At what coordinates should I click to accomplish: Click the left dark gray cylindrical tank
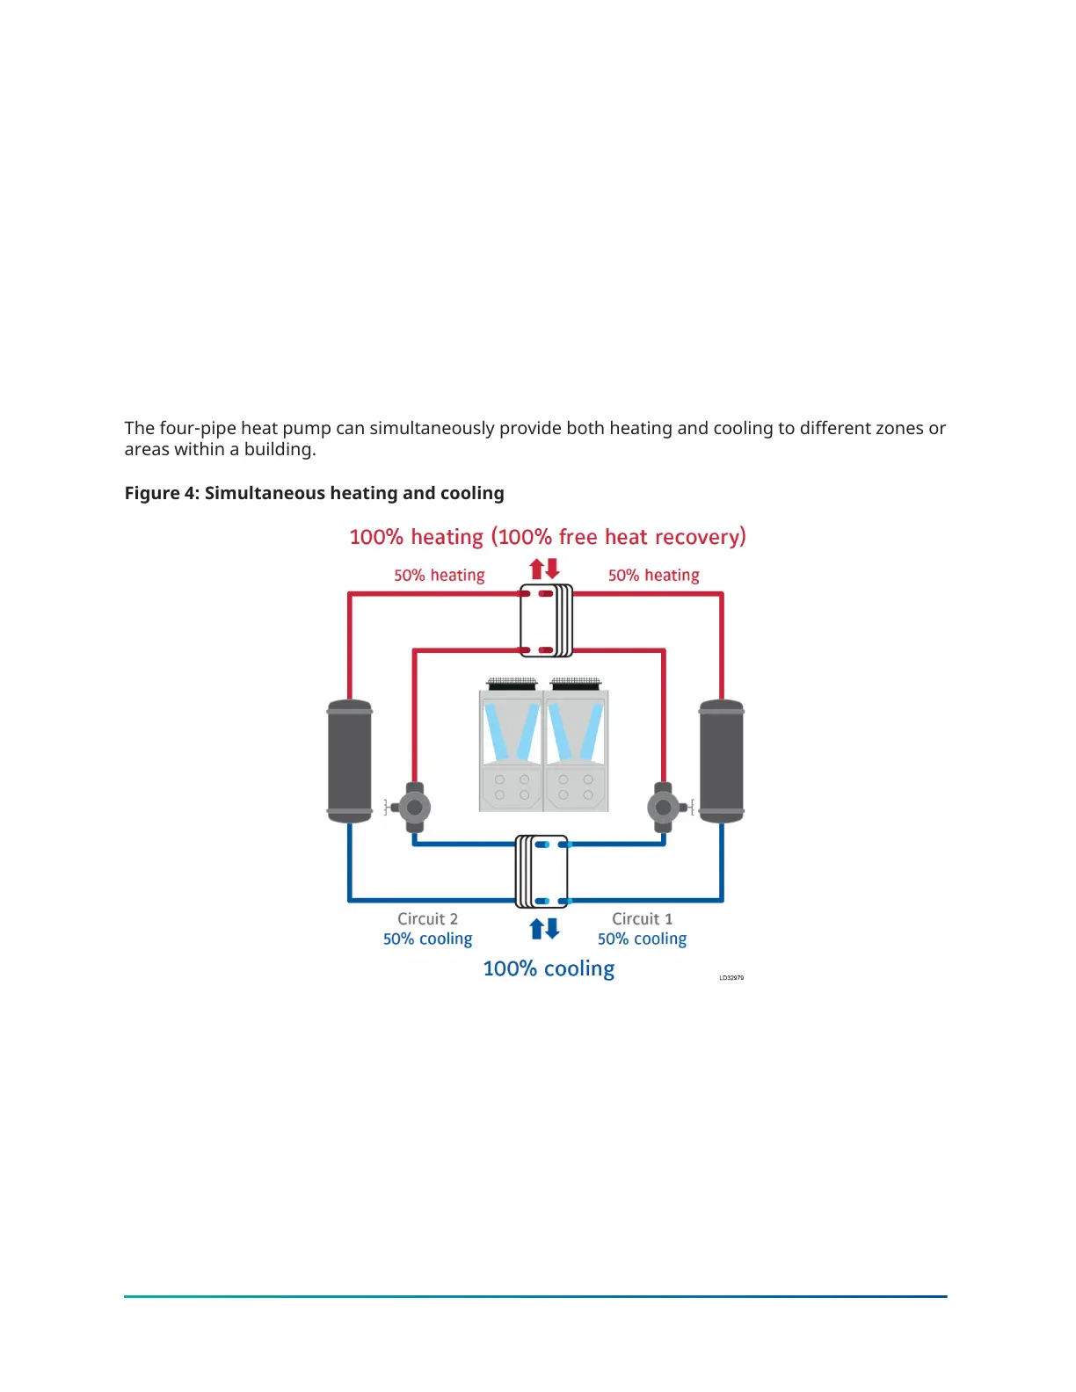tap(350, 761)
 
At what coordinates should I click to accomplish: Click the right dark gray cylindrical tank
tap(721, 761)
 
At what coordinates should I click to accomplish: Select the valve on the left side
tap(414, 807)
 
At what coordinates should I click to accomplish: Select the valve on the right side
tap(664, 807)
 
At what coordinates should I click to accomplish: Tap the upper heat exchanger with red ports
tap(545, 621)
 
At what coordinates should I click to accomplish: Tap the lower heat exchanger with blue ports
tap(542, 872)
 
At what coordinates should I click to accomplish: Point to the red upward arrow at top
tap(536, 569)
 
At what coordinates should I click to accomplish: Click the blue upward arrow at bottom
tap(536, 929)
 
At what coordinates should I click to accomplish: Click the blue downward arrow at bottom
tap(552, 928)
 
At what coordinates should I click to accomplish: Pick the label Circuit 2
tap(427, 918)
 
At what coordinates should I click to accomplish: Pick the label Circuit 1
tap(642, 918)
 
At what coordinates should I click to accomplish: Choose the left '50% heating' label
tap(439, 575)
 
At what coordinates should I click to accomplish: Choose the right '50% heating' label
tap(653, 575)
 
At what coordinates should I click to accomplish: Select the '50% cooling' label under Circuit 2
tap(427, 939)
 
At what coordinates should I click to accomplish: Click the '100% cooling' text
tap(549, 968)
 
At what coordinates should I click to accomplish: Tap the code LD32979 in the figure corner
tap(731, 977)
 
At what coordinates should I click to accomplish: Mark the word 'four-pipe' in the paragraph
tap(197, 428)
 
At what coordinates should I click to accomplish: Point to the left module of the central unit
tap(512, 747)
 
